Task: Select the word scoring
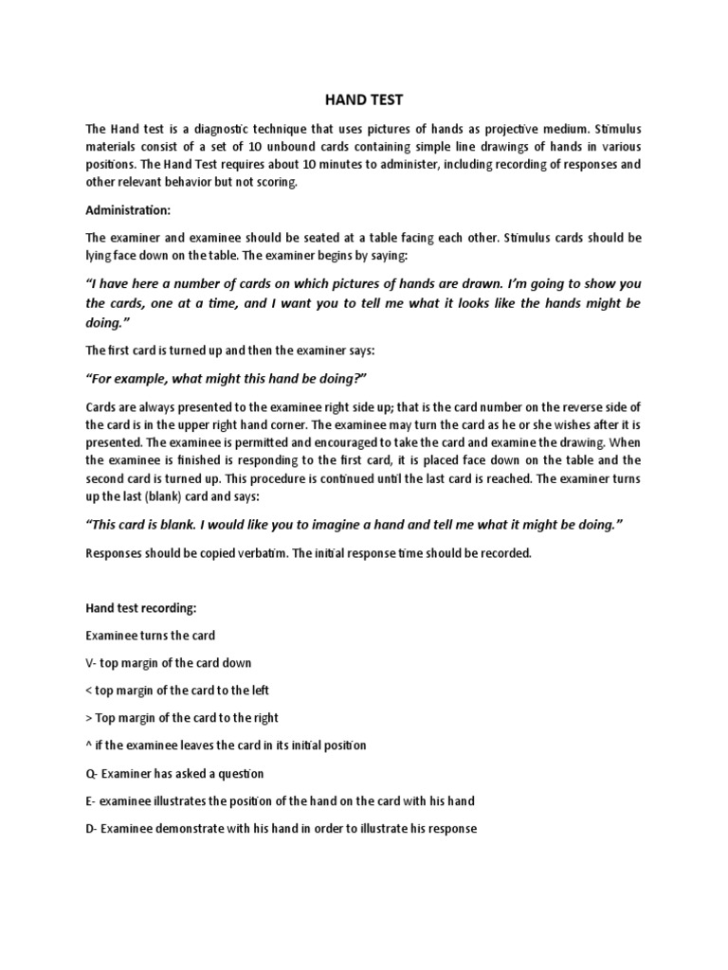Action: click(x=275, y=182)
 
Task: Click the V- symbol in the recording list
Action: click(x=92, y=662)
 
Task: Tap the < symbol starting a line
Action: click(x=89, y=691)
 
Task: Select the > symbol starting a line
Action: click(x=89, y=718)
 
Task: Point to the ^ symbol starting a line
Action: click(x=89, y=745)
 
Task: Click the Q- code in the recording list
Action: click(x=92, y=773)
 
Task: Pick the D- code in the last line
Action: click(x=92, y=828)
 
